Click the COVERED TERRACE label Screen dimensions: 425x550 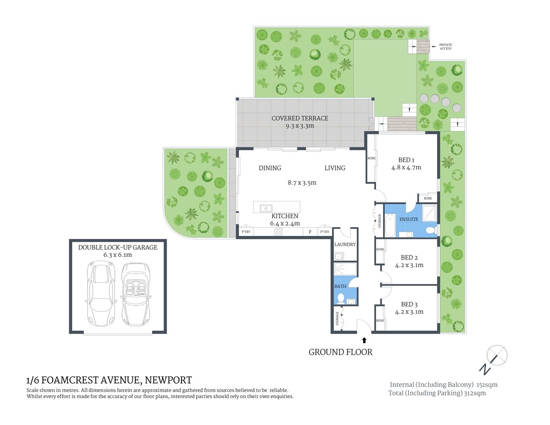tap(300, 118)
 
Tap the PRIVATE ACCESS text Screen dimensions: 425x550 tap(445, 46)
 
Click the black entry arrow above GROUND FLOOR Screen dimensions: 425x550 tap(364, 340)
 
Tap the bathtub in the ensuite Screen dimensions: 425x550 tap(390, 225)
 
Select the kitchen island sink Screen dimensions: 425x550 tap(266, 207)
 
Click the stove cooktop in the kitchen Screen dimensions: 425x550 tap(279, 232)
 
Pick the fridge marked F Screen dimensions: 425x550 tap(310, 232)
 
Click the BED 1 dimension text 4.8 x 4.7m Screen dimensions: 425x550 tap(406, 167)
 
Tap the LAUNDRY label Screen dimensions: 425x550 tap(345, 244)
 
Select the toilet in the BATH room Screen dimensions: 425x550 tap(340, 300)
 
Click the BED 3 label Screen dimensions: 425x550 tap(409, 304)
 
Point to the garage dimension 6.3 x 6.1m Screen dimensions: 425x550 tap(117, 255)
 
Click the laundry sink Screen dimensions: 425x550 tap(339, 256)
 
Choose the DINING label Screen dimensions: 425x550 tap(270, 168)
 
